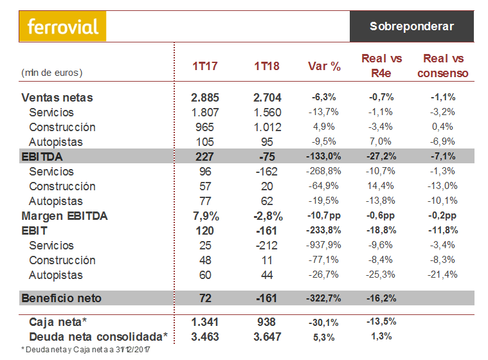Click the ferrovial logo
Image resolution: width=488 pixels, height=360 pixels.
[63, 27]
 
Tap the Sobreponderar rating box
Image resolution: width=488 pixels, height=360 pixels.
[411, 26]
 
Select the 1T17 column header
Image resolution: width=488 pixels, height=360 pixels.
[205, 66]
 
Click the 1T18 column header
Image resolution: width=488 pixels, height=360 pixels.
[266, 66]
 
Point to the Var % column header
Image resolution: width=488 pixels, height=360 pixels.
[324, 66]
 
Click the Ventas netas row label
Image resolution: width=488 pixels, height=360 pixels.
[57, 98]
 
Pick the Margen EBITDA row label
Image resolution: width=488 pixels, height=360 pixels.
[64, 216]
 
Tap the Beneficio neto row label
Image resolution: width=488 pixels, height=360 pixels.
[62, 298]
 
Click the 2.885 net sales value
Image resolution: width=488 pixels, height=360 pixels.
[205, 98]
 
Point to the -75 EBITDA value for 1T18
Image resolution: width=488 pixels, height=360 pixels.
[266, 157]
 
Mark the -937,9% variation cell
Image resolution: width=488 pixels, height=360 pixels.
[325, 246]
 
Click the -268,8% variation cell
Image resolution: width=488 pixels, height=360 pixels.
[325, 172]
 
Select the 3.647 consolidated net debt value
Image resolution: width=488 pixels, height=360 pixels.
[266, 336]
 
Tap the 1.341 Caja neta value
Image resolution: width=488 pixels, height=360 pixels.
[205, 322]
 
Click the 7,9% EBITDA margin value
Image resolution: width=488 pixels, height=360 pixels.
[205, 216]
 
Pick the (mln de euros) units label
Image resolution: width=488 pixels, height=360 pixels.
[52, 73]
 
